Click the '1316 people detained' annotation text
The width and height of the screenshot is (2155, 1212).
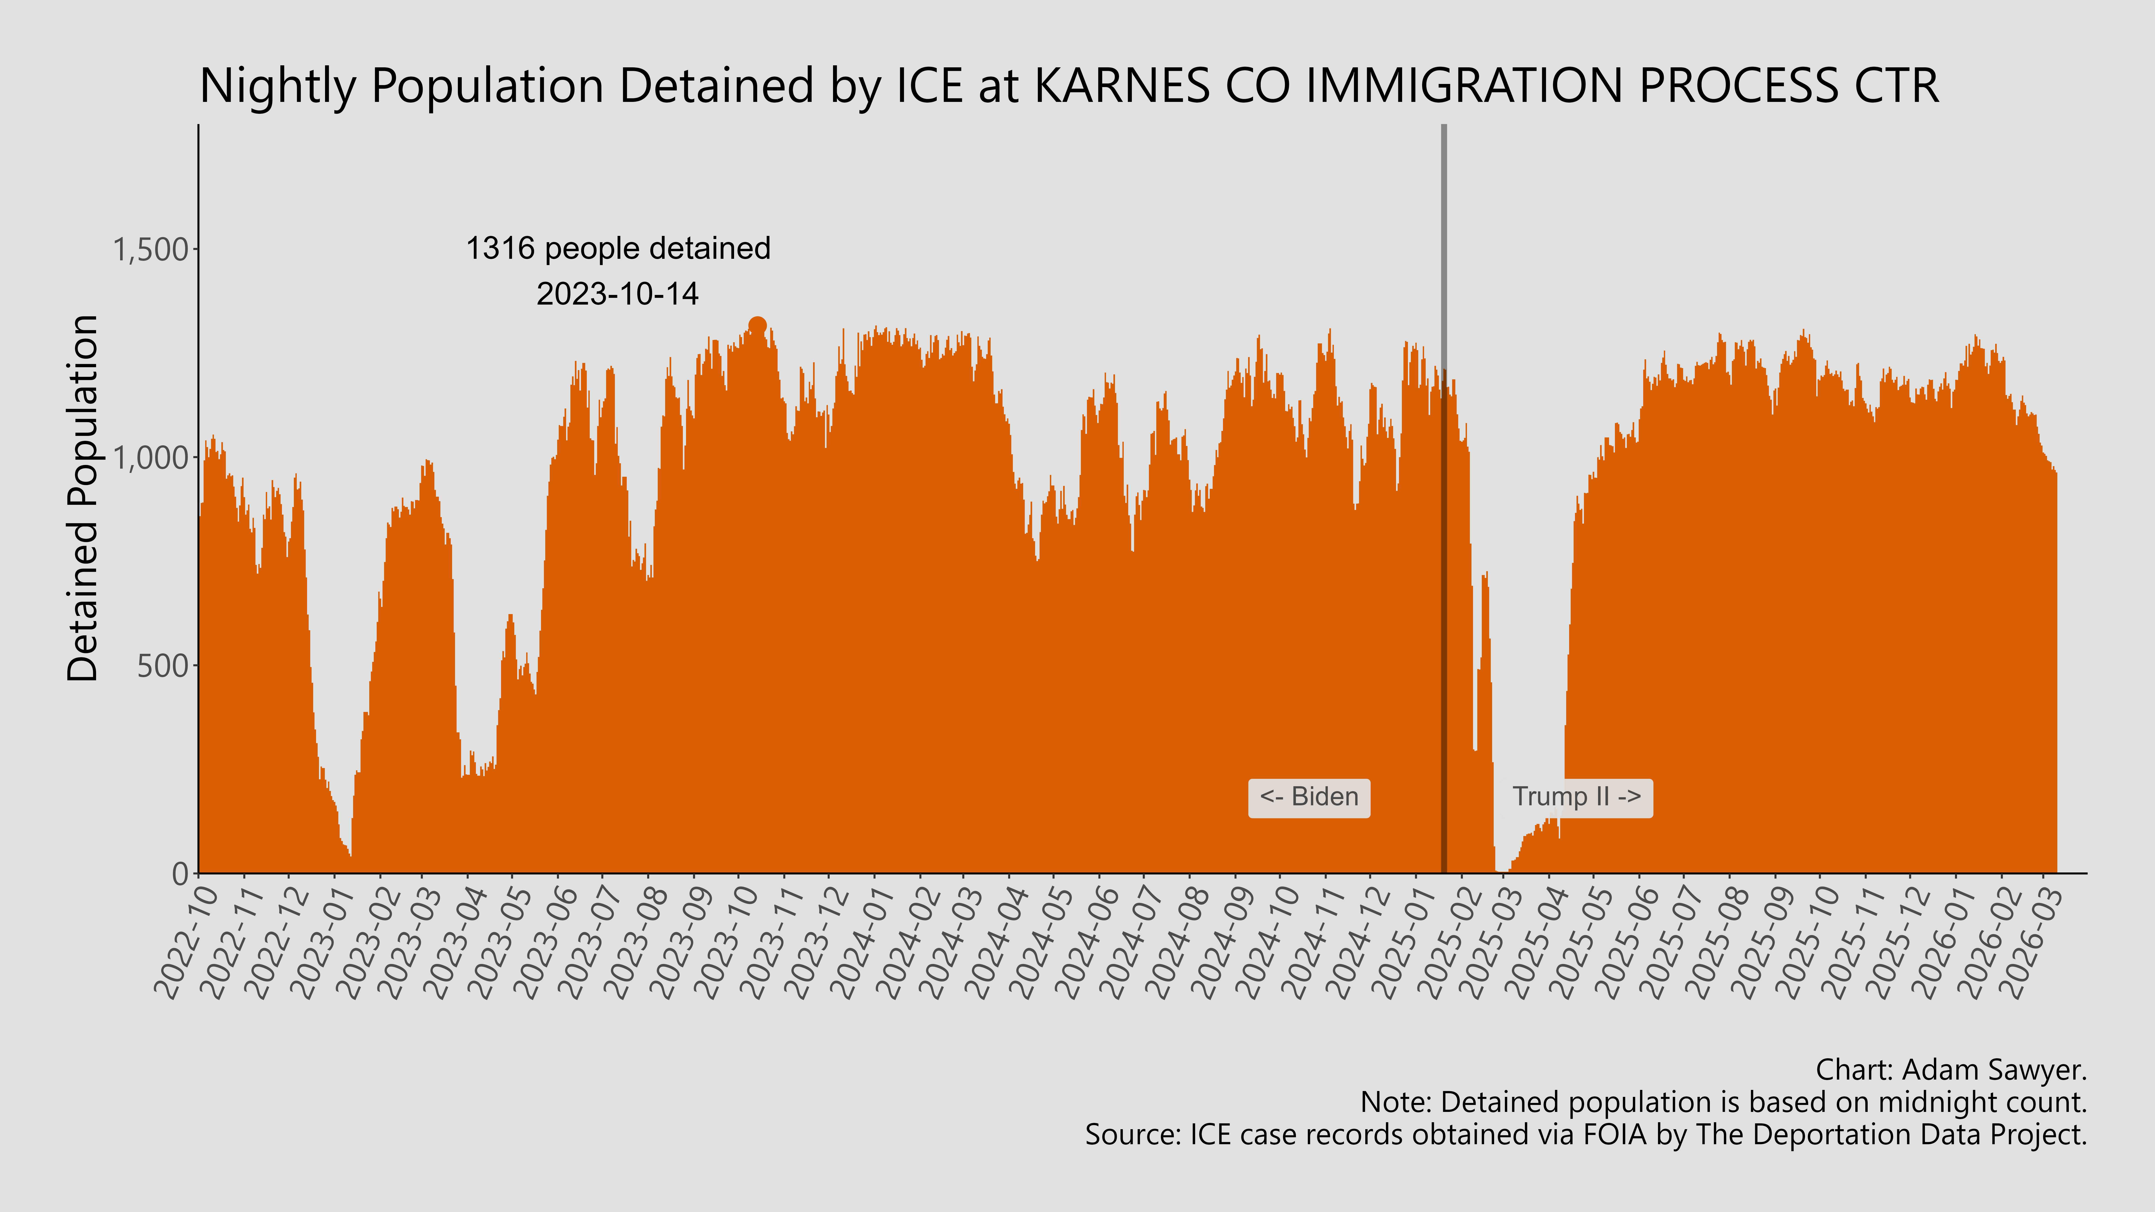pyautogui.click(x=617, y=248)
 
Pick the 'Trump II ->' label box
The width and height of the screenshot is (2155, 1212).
pyautogui.click(x=1576, y=797)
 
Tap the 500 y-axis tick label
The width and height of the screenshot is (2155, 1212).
pyautogui.click(x=162, y=666)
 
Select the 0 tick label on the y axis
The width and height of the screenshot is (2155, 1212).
pyautogui.click(x=180, y=874)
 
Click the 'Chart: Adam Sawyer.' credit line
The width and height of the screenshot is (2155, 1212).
pyautogui.click(x=1951, y=1070)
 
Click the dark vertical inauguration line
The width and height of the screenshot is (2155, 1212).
pyautogui.click(x=1443, y=502)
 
